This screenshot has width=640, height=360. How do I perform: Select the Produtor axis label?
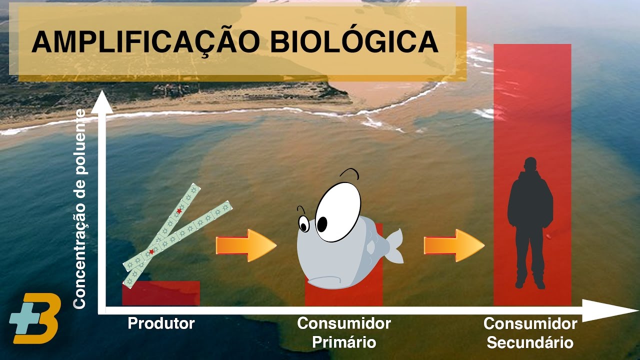click(161, 323)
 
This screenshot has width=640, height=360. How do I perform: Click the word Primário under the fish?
click(344, 342)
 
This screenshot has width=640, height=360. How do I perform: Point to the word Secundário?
click(530, 343)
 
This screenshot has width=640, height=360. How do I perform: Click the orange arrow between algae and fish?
click(245, 245)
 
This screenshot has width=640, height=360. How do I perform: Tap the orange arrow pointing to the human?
click(454, 245)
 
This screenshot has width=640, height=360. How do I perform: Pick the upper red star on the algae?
click(179, 211)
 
